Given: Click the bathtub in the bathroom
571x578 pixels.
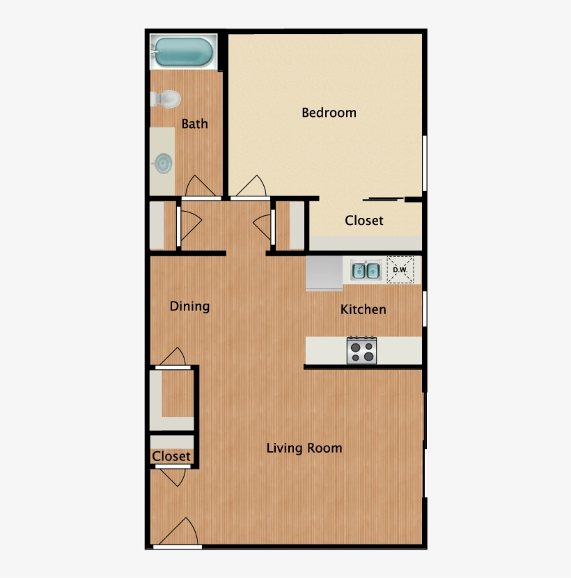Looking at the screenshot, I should pos(183,51).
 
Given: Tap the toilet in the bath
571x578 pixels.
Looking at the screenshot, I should pos(165,100).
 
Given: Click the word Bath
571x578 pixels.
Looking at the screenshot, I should pos(195,124).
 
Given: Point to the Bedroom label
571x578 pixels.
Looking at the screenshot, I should pos(329,112).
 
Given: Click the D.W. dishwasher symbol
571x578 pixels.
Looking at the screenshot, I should pos(400,270).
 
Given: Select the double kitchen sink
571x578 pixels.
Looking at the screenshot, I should pos(366,270).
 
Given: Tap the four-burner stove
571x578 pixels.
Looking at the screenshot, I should pos(361,350).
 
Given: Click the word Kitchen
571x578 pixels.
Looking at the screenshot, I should pos(363,309).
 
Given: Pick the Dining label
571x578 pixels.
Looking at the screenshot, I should pos(190,306).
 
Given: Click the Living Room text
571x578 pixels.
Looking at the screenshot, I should pos(304,448).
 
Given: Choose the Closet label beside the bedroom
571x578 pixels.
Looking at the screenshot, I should pos(364,220).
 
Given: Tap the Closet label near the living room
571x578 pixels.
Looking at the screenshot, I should pos(171,456).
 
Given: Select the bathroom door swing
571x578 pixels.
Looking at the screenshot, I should pos(201,187).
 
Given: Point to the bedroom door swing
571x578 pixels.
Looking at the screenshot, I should pos(251,187).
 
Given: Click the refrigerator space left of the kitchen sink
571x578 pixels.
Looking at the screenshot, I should pos(324,272).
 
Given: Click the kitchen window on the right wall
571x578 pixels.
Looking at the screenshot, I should pos(424,308).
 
